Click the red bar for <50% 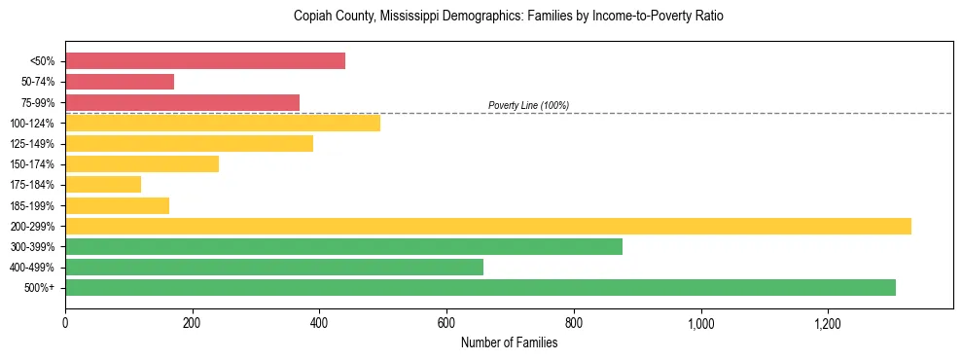point(205,61)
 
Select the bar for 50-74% point(120,82)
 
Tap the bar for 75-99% point(182,102)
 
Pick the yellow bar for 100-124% point(223,123)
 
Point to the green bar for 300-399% point(343,246)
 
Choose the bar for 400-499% point(274,267)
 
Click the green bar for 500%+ point(481,287)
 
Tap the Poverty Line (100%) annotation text point(528,105)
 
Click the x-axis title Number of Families point(509,342)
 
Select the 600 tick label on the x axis point(446,323)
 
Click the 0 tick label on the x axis point(65,323)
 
